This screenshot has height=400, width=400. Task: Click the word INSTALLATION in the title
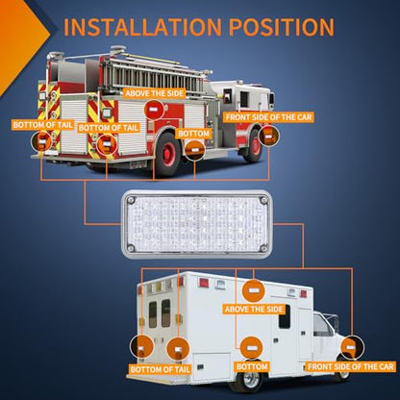coord(142,27)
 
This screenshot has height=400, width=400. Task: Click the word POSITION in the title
coord(282,27)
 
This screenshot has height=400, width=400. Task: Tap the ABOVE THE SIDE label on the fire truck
coord(155,93)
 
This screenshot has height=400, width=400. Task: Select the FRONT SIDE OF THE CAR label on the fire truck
coord(268,117)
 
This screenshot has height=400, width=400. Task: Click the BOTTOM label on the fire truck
coord(193,134)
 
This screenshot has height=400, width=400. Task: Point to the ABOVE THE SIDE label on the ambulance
coord(254,309)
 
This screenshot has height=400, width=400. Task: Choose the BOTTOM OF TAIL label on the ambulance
coord(160,369)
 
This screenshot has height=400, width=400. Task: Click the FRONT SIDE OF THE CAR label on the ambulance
coord(351,366)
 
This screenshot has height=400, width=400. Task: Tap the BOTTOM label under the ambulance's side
coord(252,366)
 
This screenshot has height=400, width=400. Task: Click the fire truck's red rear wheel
coord(167,154)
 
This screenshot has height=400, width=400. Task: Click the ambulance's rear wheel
coord(250,381)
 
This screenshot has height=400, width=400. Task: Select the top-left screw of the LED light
coord(131,200)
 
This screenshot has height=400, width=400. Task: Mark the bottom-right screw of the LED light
coord(263,248)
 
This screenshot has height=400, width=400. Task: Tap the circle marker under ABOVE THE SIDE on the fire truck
coord(154,110)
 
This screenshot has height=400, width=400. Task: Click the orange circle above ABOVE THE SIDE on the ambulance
coord(253,290)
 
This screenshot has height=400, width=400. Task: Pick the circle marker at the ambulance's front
coord(352,347)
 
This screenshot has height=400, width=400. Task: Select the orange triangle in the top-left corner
coord(22,45)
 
